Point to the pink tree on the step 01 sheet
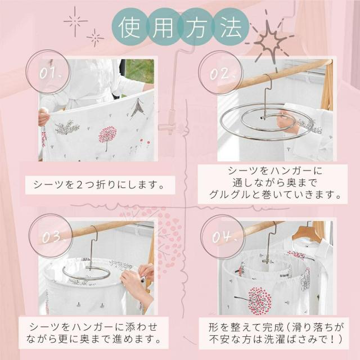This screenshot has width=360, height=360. pos(107,137)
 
